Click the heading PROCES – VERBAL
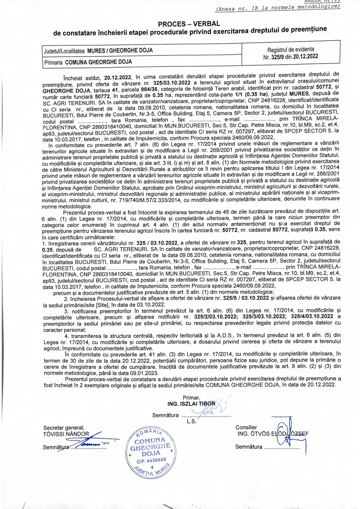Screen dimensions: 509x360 coord(188,24)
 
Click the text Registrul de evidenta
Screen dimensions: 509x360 coord(291,49)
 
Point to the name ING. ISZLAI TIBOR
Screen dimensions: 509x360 coord(191,404)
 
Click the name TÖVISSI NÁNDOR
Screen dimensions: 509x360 coord(66,434)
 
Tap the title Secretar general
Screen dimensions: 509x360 coord(64,428)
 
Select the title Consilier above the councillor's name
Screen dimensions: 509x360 coord(246,428)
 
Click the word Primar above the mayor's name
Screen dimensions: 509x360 coord(191,398)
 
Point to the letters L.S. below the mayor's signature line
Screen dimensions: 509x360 coord(191,421)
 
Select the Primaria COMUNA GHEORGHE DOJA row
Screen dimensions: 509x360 coord(88,62)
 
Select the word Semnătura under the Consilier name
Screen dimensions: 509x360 coord(248,447)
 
